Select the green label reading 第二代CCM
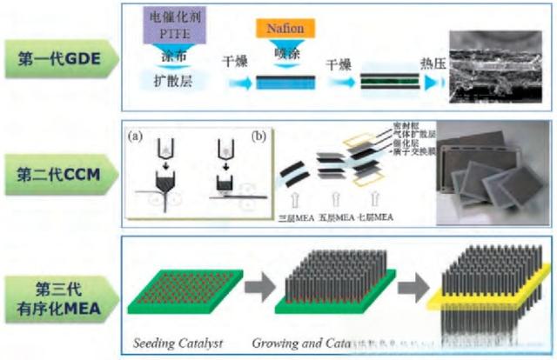click(58, 173)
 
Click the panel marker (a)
click(136, 137)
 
